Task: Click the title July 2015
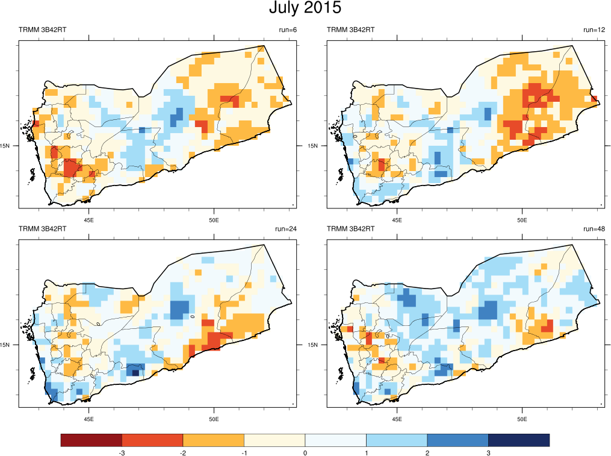pyautogui.click(x=305, y=8)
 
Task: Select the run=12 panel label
pyautogui.click(x=594, y=30)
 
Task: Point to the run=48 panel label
pyautogui.click(x=592, y=229)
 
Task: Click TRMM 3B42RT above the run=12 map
pyautogui.click(x=350, y=30)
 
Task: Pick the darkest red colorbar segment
pyautogui.click(x=91, y=440)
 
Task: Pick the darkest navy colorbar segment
pyautogui.click(x=518, y=440)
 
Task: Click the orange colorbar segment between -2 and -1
pyautogui.click(x=213, y=440)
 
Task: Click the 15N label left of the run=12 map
pyautogui.click(x=312, y=145)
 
